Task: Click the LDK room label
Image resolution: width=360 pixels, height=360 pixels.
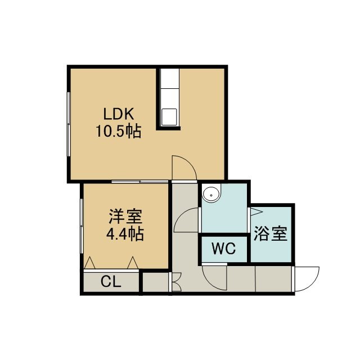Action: point(119,114)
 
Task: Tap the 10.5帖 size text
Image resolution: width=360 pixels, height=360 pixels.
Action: point(118,131)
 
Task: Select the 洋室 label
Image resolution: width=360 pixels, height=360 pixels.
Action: point(125,216)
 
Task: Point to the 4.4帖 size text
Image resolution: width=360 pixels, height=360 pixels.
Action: point(125,234)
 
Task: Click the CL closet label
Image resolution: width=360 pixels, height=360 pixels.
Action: point(111,281)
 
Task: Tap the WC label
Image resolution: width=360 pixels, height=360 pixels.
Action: point(224,249)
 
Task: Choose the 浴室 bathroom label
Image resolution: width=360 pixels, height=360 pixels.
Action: point(271,233)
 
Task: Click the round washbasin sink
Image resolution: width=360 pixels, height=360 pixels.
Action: point(211,194)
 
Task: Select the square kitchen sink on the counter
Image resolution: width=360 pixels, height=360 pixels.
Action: point(169,117)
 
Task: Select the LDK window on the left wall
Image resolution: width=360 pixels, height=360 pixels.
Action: point(69,124)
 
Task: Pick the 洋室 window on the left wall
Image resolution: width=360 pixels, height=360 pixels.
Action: point(82,226)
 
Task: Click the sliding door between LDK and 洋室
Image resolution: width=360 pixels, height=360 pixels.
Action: point(140,182)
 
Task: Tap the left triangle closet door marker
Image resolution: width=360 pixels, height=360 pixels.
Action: point(90,263)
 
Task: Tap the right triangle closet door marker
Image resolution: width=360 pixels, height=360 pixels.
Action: point(133,263)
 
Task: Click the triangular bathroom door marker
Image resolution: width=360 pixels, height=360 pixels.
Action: point(256,211)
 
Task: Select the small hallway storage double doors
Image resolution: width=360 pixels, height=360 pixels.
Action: point(176,282)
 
